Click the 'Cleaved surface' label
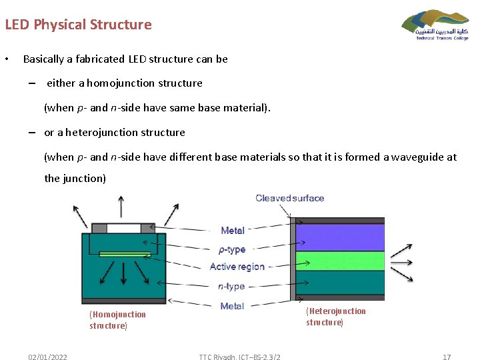coord(290,198)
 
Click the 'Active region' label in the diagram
coord(237,267)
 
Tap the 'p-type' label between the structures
coord(232,250)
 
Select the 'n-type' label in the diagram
coord(231,287)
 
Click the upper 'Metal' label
coord(232,231)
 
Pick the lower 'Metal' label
coord(232,306)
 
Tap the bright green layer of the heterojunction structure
coord(340,260)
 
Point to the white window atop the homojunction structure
coord(123,229)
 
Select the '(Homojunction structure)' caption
coord(117,320)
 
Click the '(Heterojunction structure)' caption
coord(335,317)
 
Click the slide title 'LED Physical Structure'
coord(79,25)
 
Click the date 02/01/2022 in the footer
coord(47,357)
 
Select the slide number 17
coord(447,357)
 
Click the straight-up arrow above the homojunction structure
coord(121,207)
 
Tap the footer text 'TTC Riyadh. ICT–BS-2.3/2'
coord(239,357)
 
